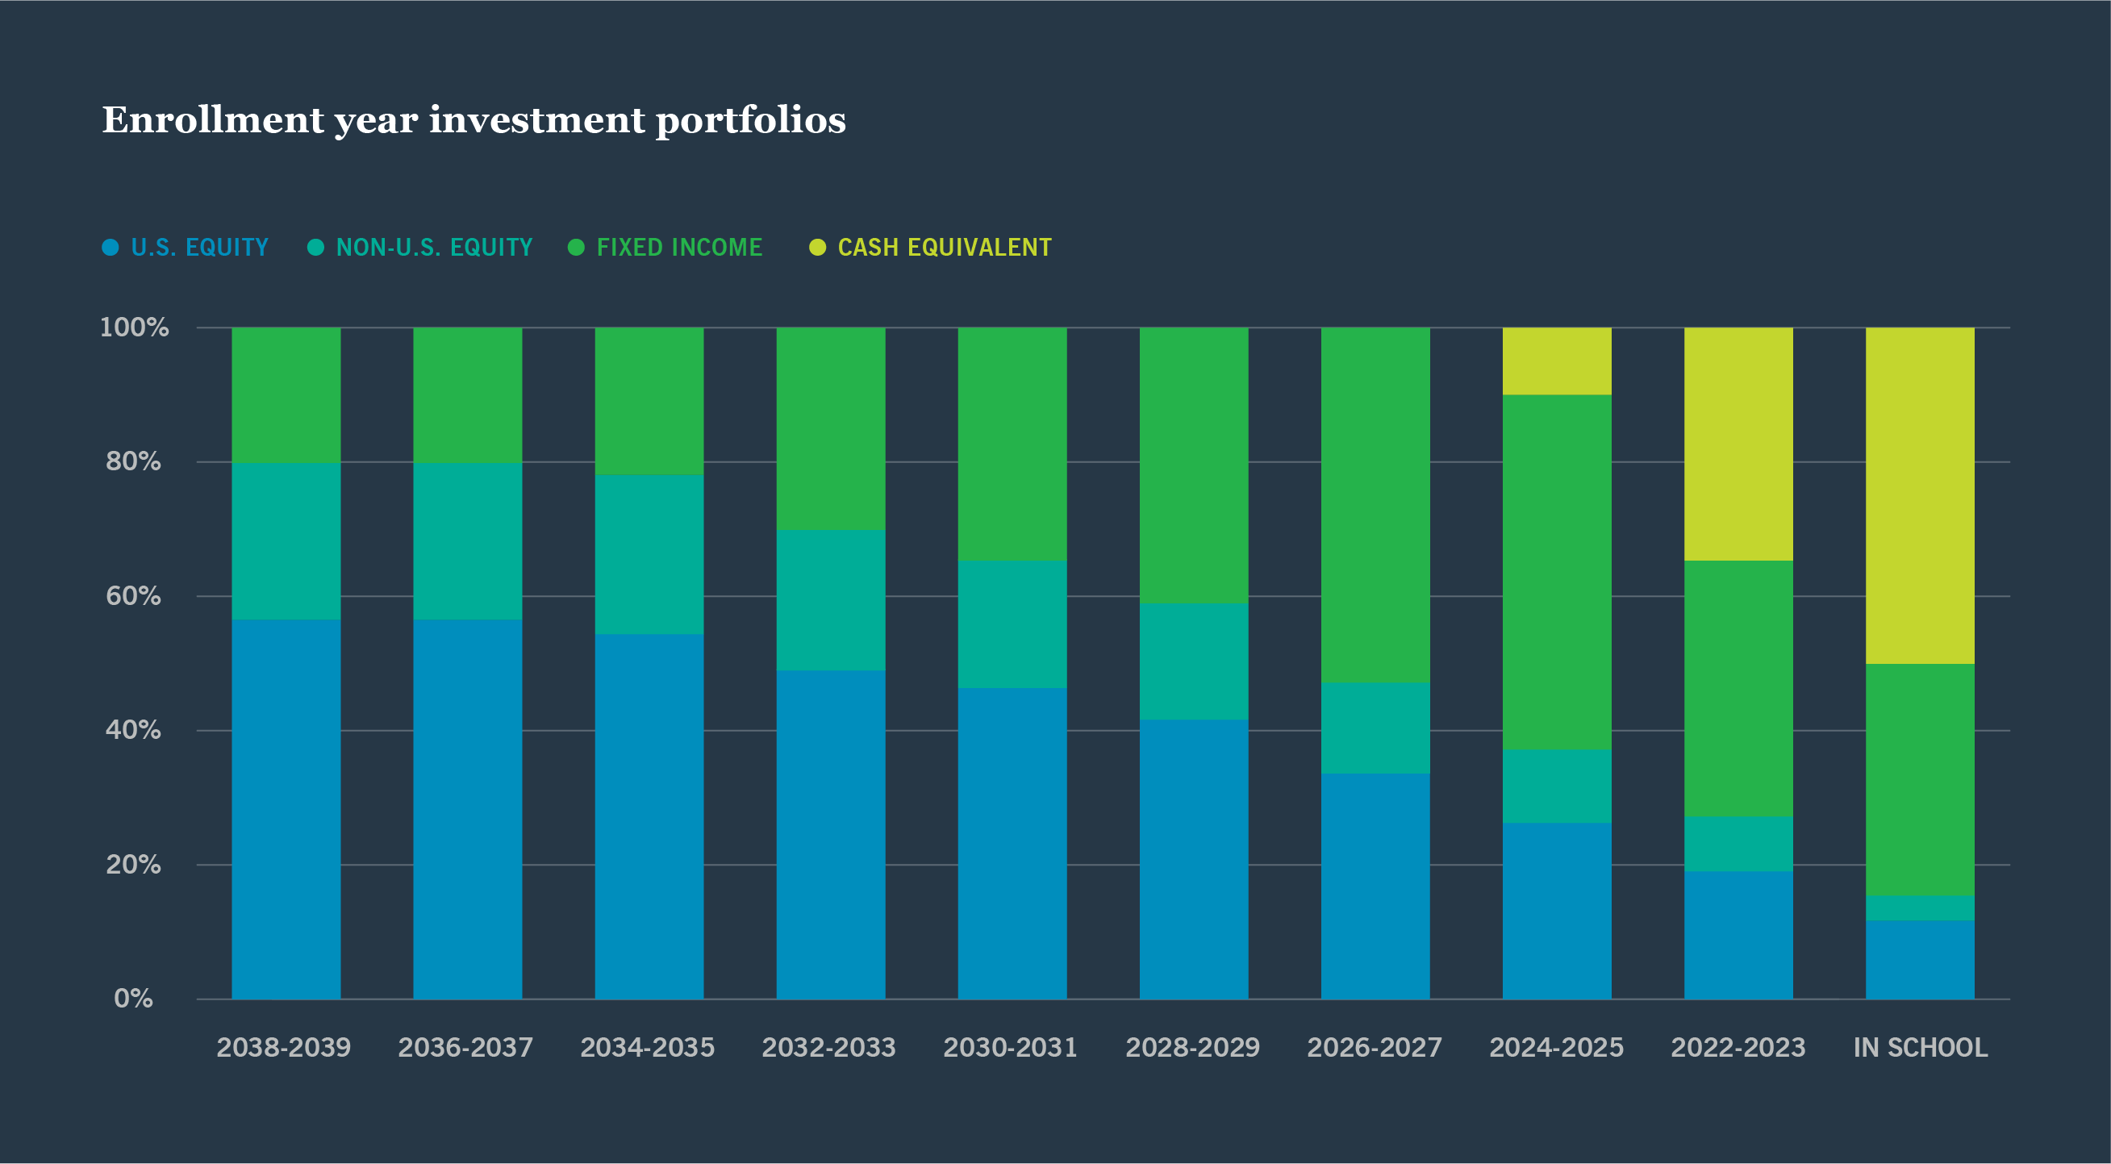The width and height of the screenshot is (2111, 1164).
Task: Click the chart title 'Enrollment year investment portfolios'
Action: (474, 120)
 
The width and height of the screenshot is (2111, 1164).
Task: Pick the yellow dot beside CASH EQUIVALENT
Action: (817, 248)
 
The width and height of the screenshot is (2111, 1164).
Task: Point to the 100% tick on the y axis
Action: (135, 328)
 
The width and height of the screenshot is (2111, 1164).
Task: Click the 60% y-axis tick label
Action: (133, 596)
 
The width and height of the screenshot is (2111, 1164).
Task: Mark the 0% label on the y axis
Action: (133, 999)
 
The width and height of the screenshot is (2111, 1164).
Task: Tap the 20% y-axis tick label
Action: (133, 864)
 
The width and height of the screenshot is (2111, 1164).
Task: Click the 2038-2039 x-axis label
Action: (284, 1048)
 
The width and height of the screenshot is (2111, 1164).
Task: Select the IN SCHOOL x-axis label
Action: (1920, 1048)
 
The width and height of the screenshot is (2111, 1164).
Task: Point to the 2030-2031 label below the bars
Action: (1011, 1048)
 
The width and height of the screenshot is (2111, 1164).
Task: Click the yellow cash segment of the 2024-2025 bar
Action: (1556, 361)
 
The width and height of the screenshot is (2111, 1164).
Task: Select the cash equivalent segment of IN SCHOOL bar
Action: (1919, 496)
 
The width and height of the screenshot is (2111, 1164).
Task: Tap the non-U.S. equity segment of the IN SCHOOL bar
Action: (1919, 908)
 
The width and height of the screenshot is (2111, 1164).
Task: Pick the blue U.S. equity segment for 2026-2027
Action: (1375, 885)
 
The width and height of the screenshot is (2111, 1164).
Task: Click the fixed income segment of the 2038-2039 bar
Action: (286, 395)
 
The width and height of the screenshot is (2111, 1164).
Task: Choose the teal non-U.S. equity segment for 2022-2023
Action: (1738, 844)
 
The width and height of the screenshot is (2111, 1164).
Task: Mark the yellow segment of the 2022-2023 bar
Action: (1738, 444)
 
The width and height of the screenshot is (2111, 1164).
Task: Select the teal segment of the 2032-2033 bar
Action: (830, 600)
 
